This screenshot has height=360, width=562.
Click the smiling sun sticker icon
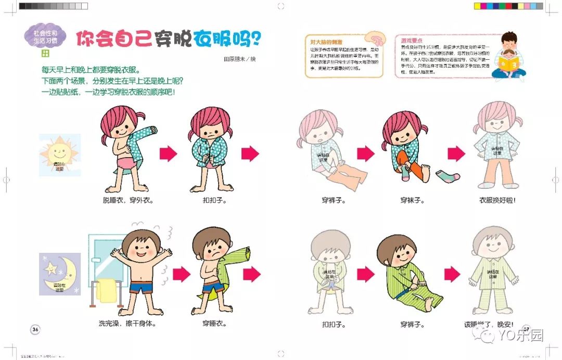point(59,153)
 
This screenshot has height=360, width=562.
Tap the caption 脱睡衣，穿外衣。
point(127,200)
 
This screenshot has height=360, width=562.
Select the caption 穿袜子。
point(411,200)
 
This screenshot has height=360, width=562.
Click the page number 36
point(35,329)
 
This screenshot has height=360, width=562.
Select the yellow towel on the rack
point(107,290)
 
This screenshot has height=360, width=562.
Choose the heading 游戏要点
point(411,40)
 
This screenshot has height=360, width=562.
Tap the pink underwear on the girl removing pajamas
point(126,161)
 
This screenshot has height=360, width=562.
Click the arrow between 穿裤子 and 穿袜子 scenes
point(366,153)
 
